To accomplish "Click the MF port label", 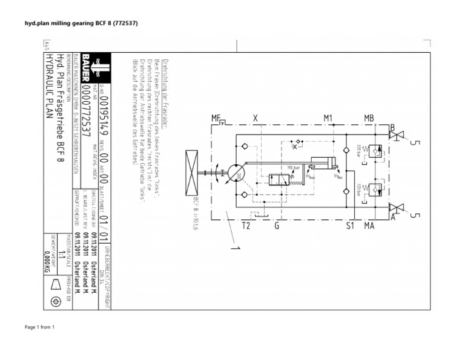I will tap(216, 118).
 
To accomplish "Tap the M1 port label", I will tap(329, 118).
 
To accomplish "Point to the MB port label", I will tap(369, 118).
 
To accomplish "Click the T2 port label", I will tap(246, 226).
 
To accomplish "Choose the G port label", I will tap(277, 226).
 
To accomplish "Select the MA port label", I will tap(369, 226).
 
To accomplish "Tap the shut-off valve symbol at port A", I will tap(397, 208).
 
